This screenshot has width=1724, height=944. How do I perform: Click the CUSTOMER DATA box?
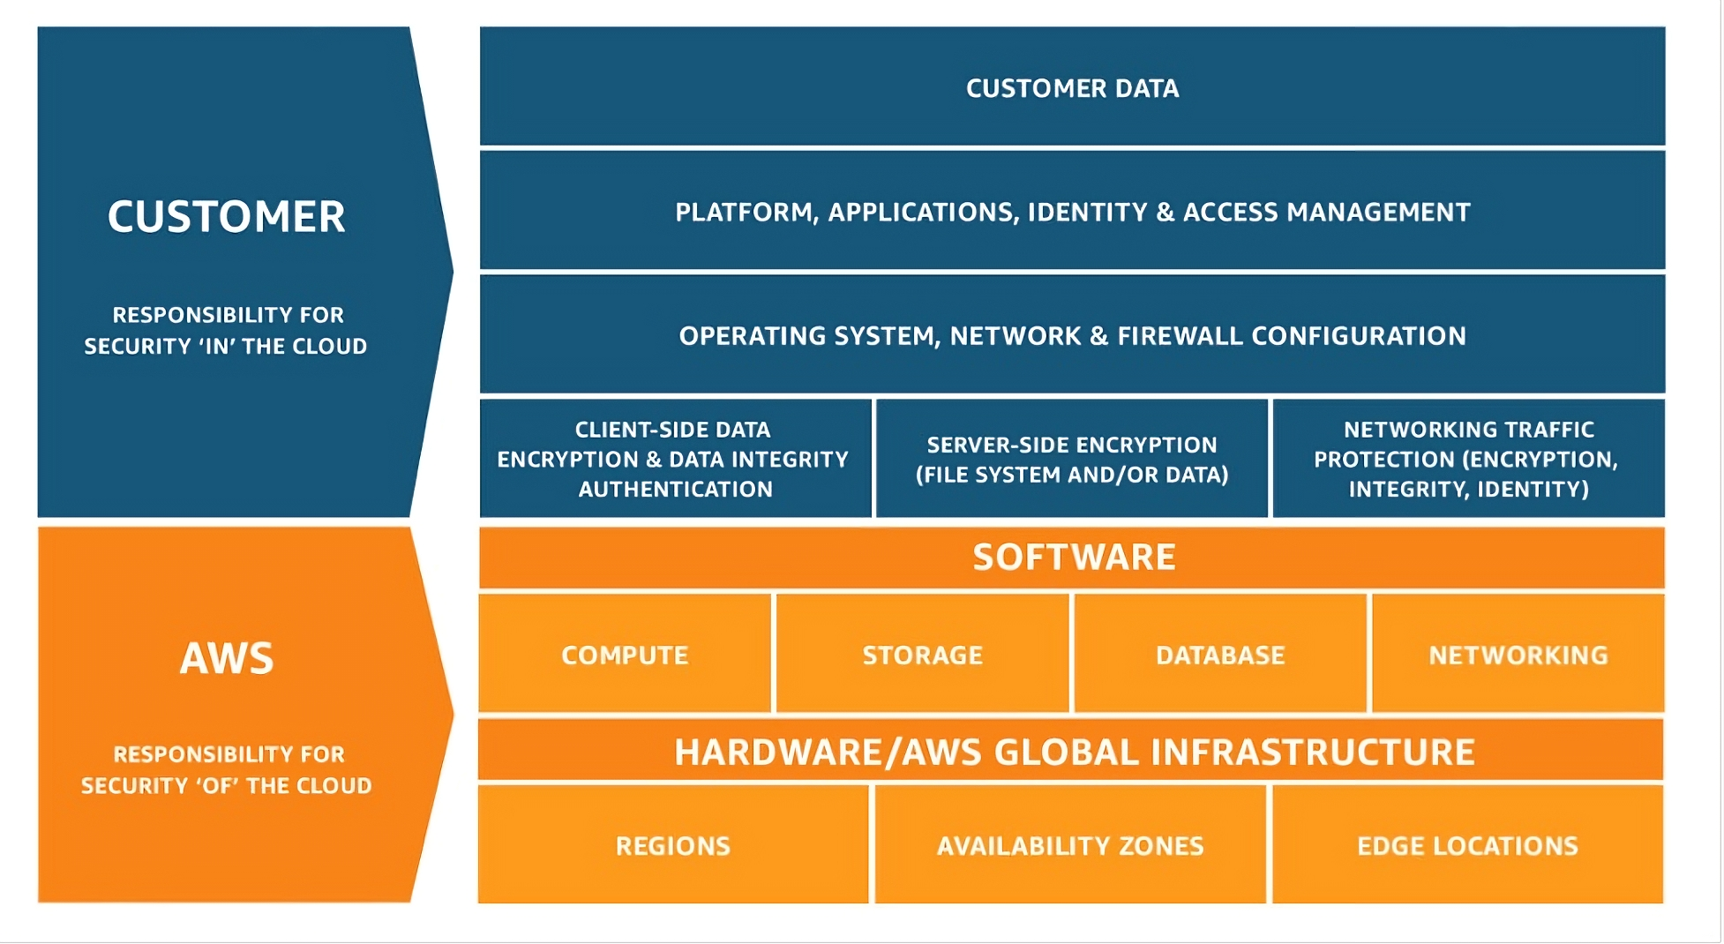click(x=1072, y=87)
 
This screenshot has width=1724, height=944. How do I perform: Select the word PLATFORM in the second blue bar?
click(x=746, y=213)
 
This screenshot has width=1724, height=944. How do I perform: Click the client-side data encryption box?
click(x=674, y=459)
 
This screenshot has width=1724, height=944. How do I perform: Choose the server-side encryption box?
click(x=1071, y=459)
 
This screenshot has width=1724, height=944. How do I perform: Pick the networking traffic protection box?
click(x=1468, y=459)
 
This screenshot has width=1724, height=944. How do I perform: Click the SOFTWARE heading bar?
click(x=1073, y=558)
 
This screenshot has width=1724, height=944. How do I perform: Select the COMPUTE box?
click(x=625, y=655)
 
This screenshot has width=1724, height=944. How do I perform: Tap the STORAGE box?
click(x=922, y=655)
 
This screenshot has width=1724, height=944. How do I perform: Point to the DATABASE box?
click(x=1220, y=655)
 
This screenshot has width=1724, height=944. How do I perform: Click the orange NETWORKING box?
click(x=1518, y=655)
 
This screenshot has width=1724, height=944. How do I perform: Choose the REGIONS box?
click(x=672, y=845)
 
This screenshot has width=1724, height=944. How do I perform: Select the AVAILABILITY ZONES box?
click(x=1069, y=845)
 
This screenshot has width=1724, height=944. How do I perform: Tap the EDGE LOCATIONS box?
click(x=1466, y=845)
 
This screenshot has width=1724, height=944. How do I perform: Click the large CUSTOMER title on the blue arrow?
click(x=226, y=217)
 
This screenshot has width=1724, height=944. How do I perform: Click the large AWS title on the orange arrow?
click(x=227, y=658)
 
